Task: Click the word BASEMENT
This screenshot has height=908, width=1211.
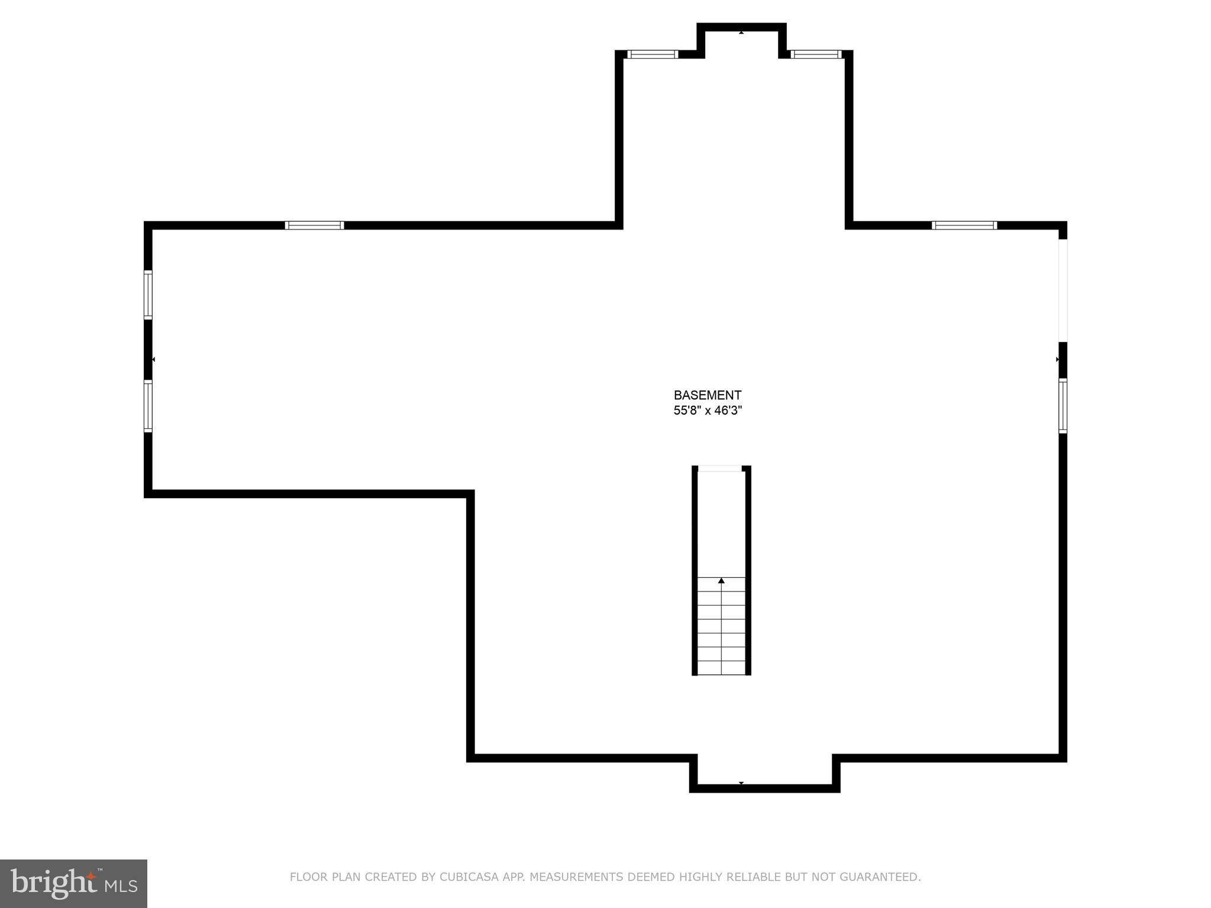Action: (x=707, y=395)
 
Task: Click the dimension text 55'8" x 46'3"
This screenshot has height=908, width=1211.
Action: (x=707, y=411)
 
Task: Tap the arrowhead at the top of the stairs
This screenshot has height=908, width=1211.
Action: (x=721, y=581)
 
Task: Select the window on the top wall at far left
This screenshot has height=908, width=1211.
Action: (x=314, y=225)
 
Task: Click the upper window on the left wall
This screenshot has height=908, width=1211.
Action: (x=148, y=295)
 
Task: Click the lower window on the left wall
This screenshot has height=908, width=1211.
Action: (x=148, y=406)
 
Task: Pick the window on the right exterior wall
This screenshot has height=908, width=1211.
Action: (x=1063, y=406)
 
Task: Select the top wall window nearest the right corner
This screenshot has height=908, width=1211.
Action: (x=964, y=225)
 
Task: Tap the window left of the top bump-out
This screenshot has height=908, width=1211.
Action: (x=652, y=54)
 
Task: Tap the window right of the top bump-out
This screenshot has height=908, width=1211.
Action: (x=816, y=54)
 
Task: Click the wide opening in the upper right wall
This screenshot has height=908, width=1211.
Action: (x=1063, y=290)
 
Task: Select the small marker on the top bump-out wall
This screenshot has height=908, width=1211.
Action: (x=741, y=33)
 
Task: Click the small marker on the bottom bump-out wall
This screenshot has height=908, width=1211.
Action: (x=741, y=783)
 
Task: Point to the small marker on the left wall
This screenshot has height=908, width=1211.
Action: (x=153, y=359)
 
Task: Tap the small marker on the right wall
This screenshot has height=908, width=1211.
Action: (x=1057, y=359)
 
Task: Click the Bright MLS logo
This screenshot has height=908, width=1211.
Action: (x=73, y=883)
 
